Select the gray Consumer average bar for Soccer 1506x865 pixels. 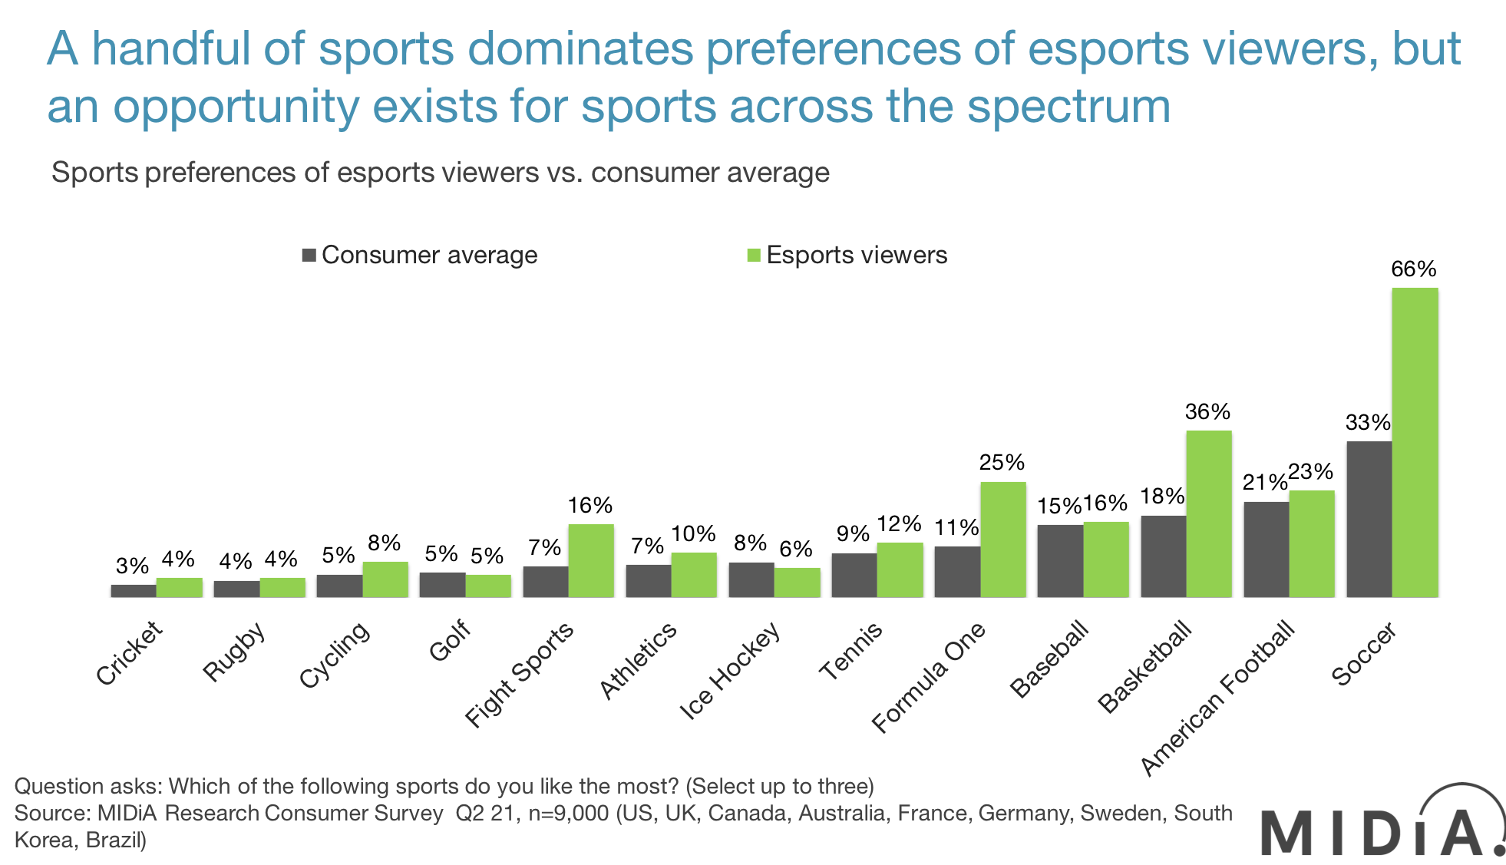1367,519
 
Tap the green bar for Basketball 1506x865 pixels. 1209,513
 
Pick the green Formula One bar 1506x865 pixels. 1002,539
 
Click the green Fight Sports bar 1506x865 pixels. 591,560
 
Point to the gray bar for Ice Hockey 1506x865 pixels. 750,579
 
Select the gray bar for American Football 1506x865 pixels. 1265,549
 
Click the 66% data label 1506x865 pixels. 1413,269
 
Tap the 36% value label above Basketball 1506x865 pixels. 1207,412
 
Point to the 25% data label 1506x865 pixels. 1002,463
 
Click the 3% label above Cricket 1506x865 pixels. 132,566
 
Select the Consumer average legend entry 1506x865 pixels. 420,255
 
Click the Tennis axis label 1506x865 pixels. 850,652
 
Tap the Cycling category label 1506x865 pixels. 334,655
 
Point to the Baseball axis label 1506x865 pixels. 1049,660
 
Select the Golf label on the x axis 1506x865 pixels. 449,642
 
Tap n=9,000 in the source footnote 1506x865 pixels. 569,813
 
